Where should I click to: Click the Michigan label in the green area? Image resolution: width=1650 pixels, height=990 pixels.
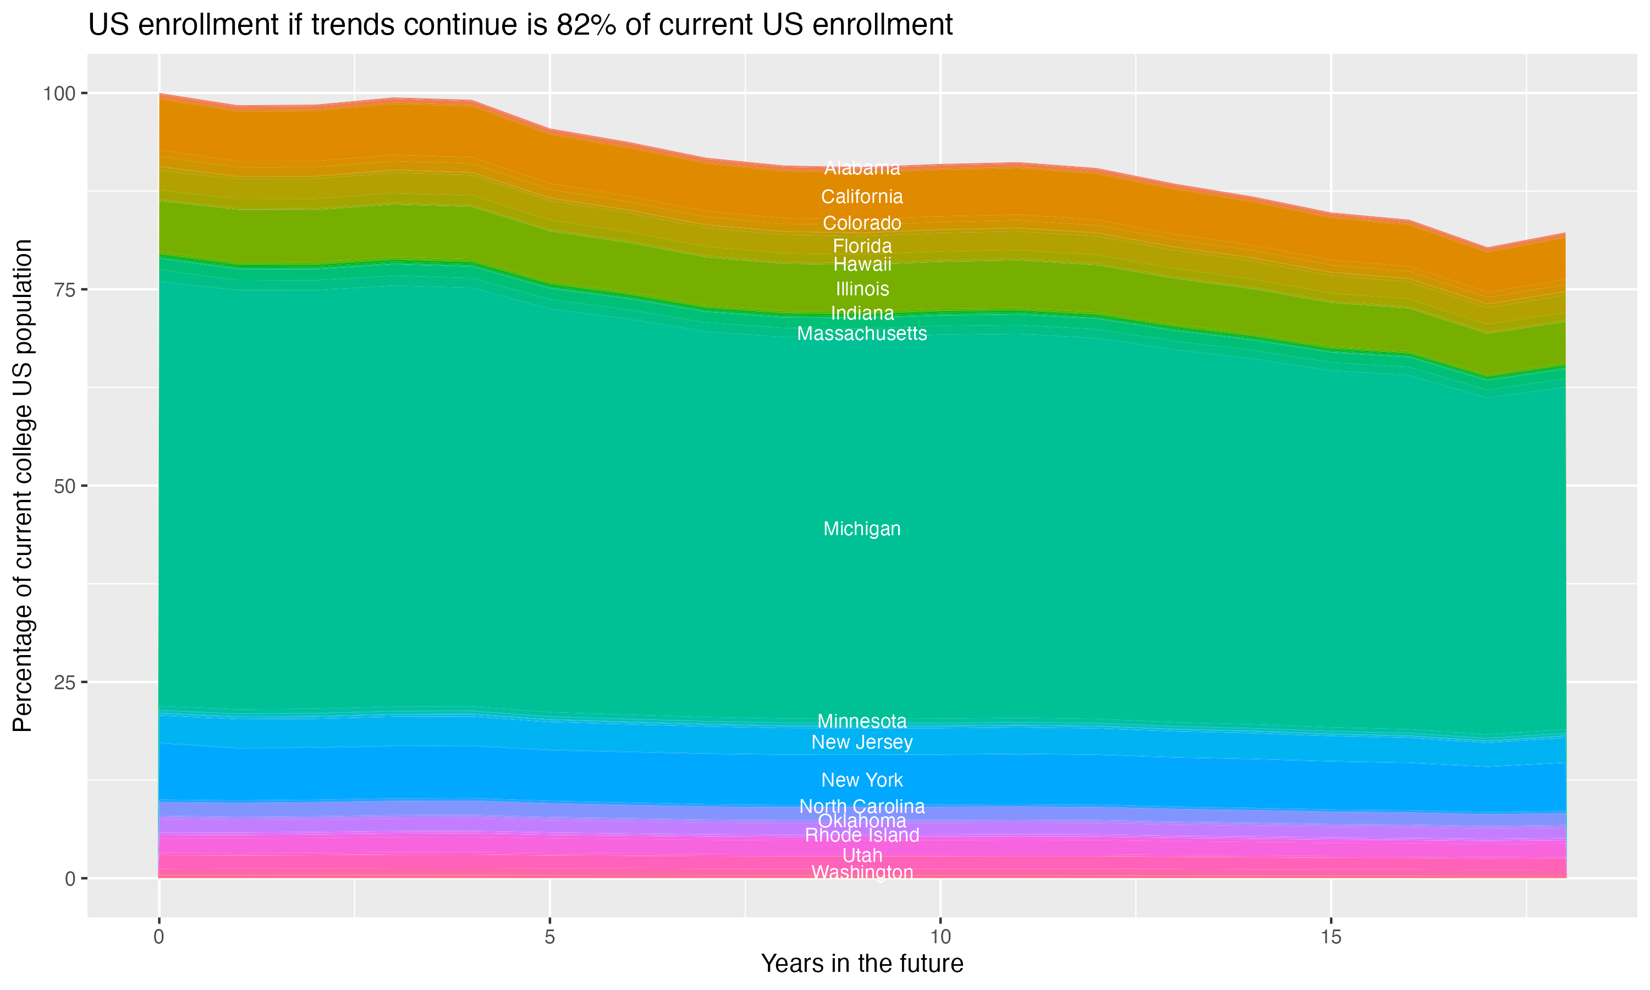pos(862,529)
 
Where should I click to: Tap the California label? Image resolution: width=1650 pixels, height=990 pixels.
pos(862,197)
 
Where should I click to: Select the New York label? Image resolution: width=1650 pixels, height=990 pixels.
pos(862,780)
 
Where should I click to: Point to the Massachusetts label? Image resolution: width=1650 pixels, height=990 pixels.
pos(862,333)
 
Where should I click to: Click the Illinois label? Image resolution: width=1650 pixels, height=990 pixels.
pos(862,289)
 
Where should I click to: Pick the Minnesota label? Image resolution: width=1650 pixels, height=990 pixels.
pos(862,721)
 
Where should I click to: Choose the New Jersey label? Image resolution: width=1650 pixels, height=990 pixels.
pos(862,742)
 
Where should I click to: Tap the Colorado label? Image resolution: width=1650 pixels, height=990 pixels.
pos(862,223)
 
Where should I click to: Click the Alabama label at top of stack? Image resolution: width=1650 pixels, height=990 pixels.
pos(862,168)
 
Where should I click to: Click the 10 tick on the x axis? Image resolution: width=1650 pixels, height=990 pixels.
pos(940,937)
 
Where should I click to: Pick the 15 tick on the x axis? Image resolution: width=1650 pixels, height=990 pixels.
pos(1330,937)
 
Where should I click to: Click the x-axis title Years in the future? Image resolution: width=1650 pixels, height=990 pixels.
pos(862,964)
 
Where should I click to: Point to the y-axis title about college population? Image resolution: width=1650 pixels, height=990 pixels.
pos(23,486)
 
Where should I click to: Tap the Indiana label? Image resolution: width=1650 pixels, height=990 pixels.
pos(862,313)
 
